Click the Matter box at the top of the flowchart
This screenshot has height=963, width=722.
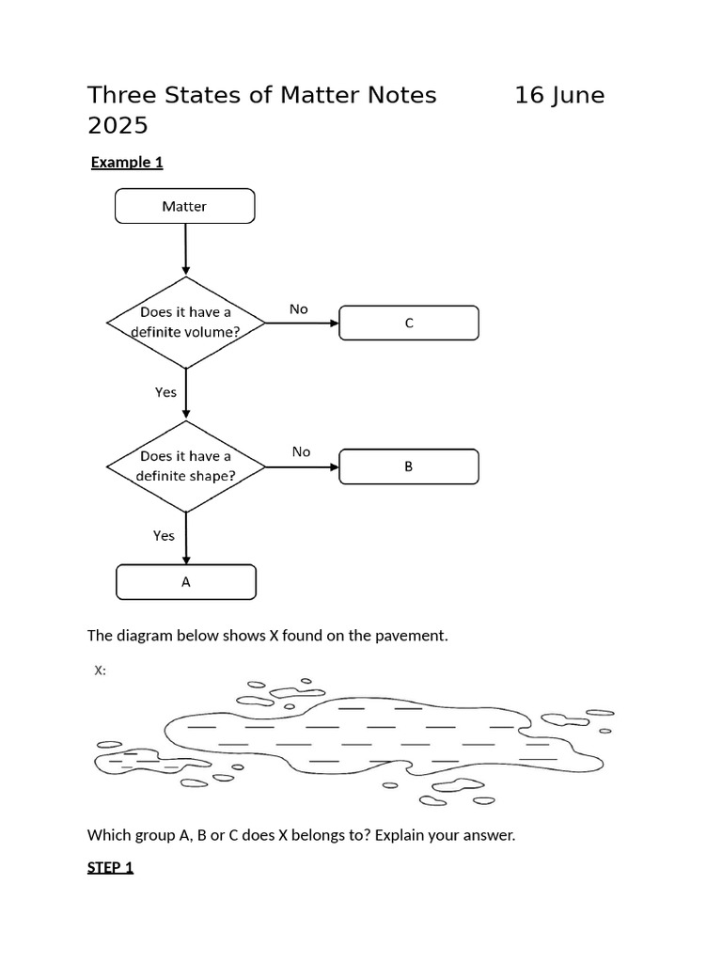tap(184, 206)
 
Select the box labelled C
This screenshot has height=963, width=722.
tap(408, 323)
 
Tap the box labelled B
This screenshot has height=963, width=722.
tap(408, 466)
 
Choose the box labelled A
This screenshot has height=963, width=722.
tap(185, 582)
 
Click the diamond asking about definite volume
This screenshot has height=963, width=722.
tap(185, 322)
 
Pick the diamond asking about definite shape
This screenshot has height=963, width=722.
tap(185, 466)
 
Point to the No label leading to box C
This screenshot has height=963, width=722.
tap(298, 308)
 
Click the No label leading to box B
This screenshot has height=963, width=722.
tap(301, 451)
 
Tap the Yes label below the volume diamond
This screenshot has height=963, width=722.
tap(165, 392)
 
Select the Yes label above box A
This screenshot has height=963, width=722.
tap(164, 535)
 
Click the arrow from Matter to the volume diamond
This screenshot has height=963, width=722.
tap(185, 249)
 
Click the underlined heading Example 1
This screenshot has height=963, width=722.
tap(127, 162)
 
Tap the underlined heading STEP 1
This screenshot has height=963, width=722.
tap(110, 867)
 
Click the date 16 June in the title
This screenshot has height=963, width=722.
tap(559, 95)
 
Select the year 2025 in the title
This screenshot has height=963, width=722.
tap(118, 125)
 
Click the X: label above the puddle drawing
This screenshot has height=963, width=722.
tap(100, 671)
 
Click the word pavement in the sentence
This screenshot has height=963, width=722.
tap(416, 636)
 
